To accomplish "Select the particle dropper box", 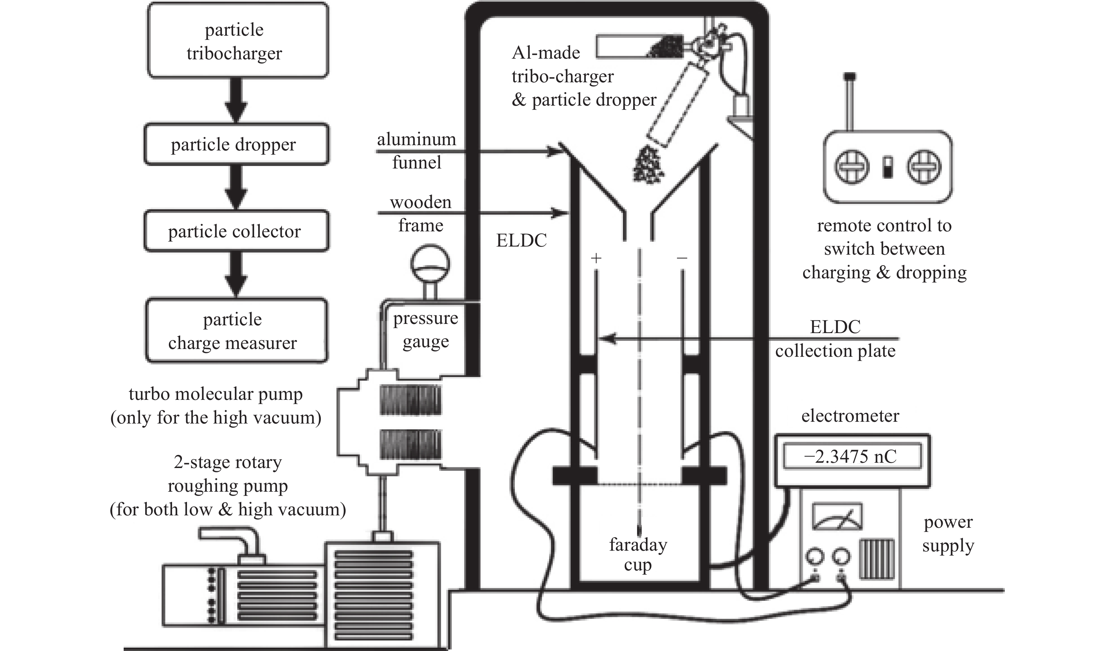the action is click(237, 144).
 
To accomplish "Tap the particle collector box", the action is click(237, 231).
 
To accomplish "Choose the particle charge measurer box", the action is click(237, 331).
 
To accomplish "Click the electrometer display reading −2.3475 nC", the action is click(852, 456).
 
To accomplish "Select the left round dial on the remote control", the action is click(852, 167).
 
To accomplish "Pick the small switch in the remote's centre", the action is click(888, 167).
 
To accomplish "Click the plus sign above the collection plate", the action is click(596, 258).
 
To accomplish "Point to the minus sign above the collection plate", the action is click(682, 258).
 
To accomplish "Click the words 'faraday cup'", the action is click(638, 555).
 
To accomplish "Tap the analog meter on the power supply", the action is click(837, 516).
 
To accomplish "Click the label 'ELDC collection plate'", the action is click(835, 339).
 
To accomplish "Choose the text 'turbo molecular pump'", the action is click(216, 394).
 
